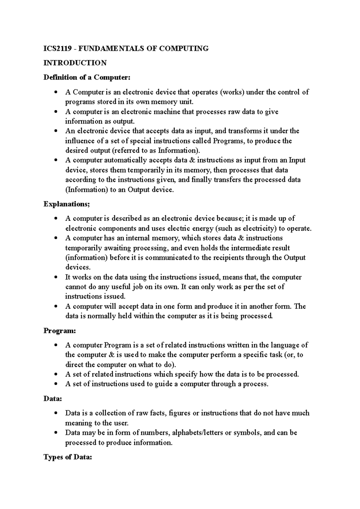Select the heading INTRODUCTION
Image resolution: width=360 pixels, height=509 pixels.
point(75,63)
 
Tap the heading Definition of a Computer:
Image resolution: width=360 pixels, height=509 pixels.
point(87,77)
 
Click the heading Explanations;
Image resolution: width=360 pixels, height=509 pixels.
point(67,204)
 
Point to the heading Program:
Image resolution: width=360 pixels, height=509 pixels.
point(60,331)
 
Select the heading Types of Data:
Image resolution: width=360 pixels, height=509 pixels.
point(67,457)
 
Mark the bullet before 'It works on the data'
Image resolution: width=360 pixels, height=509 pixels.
point(55,278)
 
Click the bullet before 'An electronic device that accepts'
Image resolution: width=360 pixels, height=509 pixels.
point(55,131)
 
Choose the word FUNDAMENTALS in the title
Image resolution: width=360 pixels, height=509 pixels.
point(111,49)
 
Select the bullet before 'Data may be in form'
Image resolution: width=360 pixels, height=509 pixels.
point(55,433)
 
